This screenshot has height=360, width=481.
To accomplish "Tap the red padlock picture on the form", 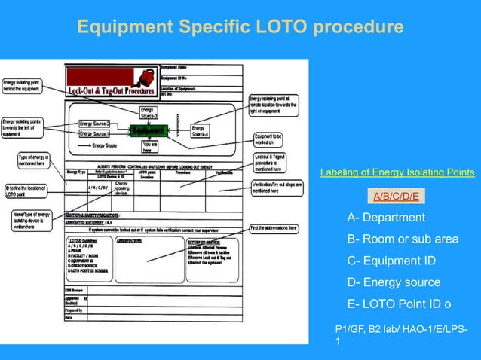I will [x=139, y=76].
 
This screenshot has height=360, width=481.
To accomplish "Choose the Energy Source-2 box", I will [x=95, y=124].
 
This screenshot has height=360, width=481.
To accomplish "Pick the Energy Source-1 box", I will [x=95, y=133].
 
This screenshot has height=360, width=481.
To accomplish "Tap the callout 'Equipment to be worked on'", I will [x=277, y=139].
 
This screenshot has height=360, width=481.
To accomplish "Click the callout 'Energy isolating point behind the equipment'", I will [x=23, y=85].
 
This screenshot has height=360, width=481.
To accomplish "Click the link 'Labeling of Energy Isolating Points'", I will [x=397, y=172].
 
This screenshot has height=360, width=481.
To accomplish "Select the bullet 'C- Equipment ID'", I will [x=391, y=261].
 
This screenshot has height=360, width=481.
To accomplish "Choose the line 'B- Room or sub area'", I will [x=403, y=239].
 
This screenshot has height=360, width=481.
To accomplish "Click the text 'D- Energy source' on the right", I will [x=394, y=282].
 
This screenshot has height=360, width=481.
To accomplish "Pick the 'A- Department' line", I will [x=386, y=218].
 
